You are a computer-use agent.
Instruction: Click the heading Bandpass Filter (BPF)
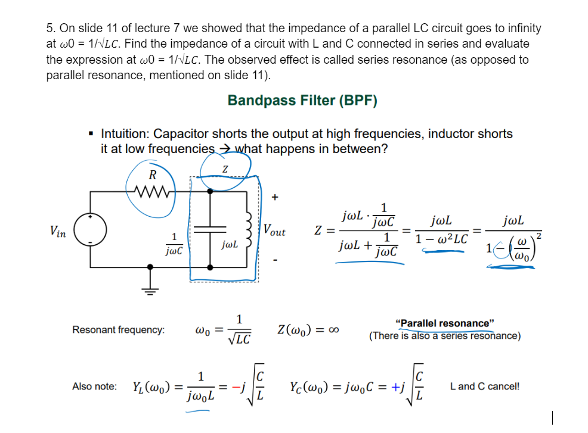(302, 100)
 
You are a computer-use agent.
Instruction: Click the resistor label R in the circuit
(153, 175)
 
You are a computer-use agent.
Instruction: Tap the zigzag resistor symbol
(153, 191)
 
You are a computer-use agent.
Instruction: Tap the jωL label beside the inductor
(229, 244)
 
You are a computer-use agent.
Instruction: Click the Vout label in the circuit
(274, 230)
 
